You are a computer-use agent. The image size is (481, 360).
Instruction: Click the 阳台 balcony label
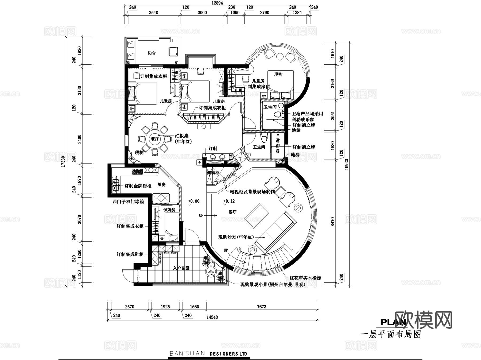(x=152, y=53)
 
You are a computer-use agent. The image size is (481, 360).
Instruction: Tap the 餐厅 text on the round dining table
(x=155, y=139)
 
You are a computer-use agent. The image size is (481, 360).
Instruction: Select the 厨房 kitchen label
(x=161, y=184)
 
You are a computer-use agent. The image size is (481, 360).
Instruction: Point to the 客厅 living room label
(x=232, y=212)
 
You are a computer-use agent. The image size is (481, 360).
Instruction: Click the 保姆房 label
(x=169, y=210)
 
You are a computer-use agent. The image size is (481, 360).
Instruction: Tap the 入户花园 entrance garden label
(x=181, y=268)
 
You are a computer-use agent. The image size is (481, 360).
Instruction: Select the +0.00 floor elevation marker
(x=194, y=201)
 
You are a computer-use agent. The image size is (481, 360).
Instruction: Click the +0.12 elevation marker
(x=229, y=201)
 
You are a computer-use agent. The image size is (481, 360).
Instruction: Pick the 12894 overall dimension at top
(x=217, y=3)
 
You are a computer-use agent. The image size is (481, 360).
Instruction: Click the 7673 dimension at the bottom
(x=262, y=307)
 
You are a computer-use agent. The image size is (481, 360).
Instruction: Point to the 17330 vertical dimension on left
(x=63, y=161)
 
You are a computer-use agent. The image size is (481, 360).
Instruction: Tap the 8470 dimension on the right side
(x=333, y=222)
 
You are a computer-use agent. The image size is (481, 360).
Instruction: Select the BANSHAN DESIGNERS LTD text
(x=208, y=354)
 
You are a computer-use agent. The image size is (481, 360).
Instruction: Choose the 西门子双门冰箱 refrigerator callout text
(x=128, y=202)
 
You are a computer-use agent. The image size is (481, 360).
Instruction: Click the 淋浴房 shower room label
(x=278, y=146)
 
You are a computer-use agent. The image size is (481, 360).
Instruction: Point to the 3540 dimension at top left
(x=153, y=13)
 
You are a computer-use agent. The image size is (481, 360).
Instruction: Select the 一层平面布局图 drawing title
(x=391, y=334)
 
